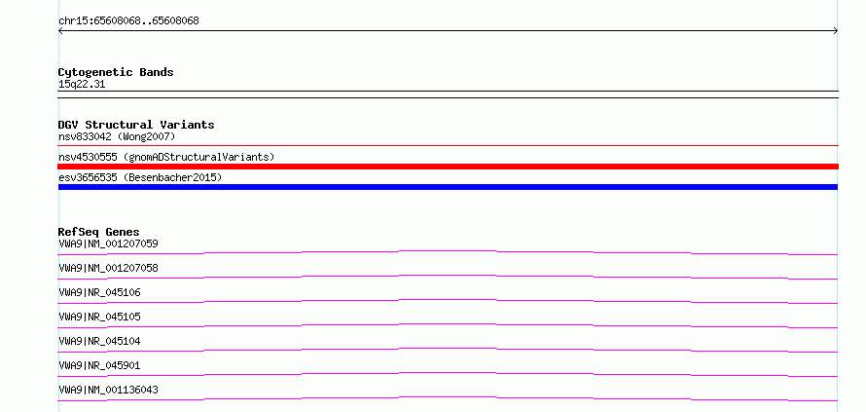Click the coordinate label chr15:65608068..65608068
point(128,21)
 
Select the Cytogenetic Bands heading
point(116,72)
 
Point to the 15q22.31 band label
point(82,85)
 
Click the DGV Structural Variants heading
point(136,125)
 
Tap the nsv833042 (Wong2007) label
point(117,136)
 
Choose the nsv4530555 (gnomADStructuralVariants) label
point(166,157)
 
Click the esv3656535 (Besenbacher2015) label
point(140,177)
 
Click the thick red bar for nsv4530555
point(448,167)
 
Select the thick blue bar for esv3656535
point(448,187)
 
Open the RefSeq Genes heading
point(99,232)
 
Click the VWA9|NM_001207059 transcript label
point(108,243)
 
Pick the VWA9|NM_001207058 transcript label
point(108,268)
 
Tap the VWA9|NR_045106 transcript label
point(99,292)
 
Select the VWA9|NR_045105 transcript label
point(99,317)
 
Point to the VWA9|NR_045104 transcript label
point(99,341)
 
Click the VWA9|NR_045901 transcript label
point(99,365)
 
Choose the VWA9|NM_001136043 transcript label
point(108,390)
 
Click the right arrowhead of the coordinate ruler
point(837,31)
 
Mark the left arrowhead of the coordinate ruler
point(59,31)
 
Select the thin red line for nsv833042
point(448,146)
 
